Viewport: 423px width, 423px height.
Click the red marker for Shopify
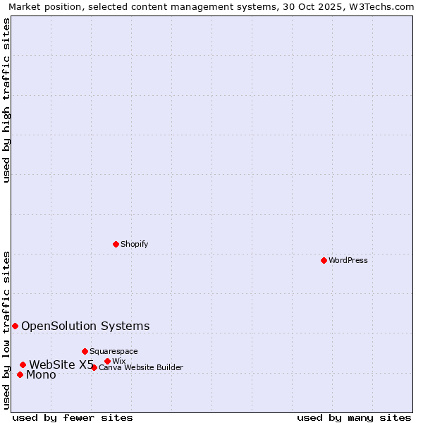pos(116,244)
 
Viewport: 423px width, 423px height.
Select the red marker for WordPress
pos(324,260)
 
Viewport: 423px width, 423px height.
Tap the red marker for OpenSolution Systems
pos(15,326)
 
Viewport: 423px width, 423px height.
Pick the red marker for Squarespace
pos(85,351)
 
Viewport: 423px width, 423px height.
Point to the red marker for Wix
pos(107,361)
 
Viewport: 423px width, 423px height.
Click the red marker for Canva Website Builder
pos(94,367)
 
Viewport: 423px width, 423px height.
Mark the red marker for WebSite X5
pos(23,364)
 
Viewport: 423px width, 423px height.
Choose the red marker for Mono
pos(20,374)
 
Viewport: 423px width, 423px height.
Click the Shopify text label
pos(134,244)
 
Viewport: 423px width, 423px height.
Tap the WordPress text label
pos(348,260)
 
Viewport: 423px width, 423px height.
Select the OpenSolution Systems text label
pos(85,326)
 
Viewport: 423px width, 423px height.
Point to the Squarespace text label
pos(114,351)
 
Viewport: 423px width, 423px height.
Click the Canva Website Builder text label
pos(141,367)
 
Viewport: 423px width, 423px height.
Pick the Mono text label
pos(41,374)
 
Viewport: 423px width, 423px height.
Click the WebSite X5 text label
pos(61,364)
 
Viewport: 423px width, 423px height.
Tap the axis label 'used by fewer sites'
pos(73,417)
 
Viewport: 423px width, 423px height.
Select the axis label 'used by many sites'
pos(354,417)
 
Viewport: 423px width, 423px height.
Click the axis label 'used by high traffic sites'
pos(6,100)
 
